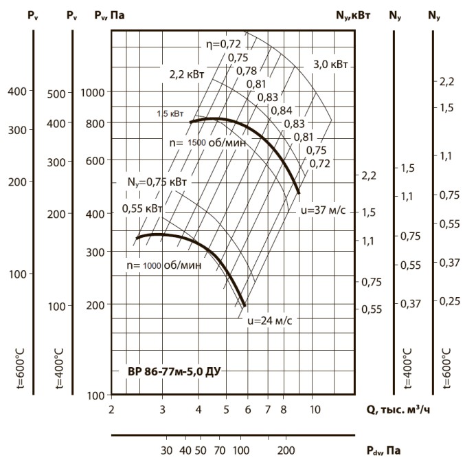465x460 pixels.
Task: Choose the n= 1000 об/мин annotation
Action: click(163, 265)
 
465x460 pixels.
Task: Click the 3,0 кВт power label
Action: click(331, 64)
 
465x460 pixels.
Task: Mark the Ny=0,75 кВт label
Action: click(157, 182)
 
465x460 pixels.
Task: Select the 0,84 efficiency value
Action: click(282, 110)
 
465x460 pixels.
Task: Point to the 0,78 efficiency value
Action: click(247, 70)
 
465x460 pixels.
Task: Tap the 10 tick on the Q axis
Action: click(315, 410)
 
